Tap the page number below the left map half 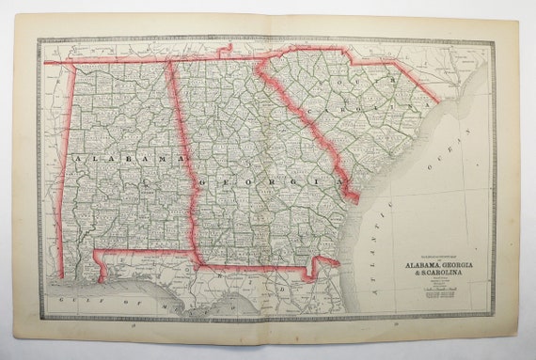click(x=134, y=326)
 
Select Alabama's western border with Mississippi click(x=62, y=169)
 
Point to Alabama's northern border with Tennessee click(x=113, y=62)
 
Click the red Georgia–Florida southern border click(x=254, y=267)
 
